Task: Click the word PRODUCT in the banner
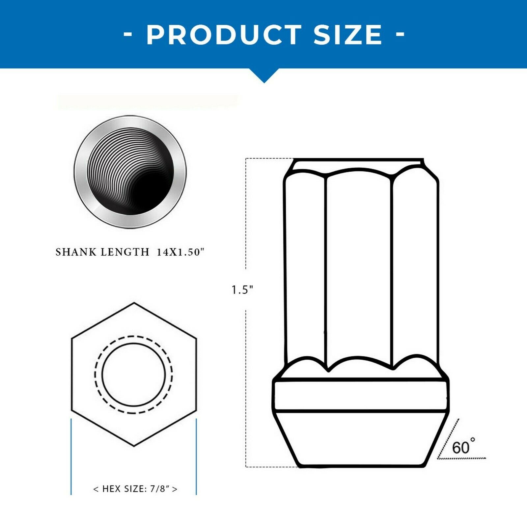click(224, 35)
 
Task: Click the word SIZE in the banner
click(348, 35)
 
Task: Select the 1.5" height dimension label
click(242, 290)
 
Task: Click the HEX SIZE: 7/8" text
click(135, 489)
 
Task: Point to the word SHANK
click(76, 252)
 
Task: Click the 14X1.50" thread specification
click(180, 252)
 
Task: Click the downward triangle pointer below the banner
click(263, 75)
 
